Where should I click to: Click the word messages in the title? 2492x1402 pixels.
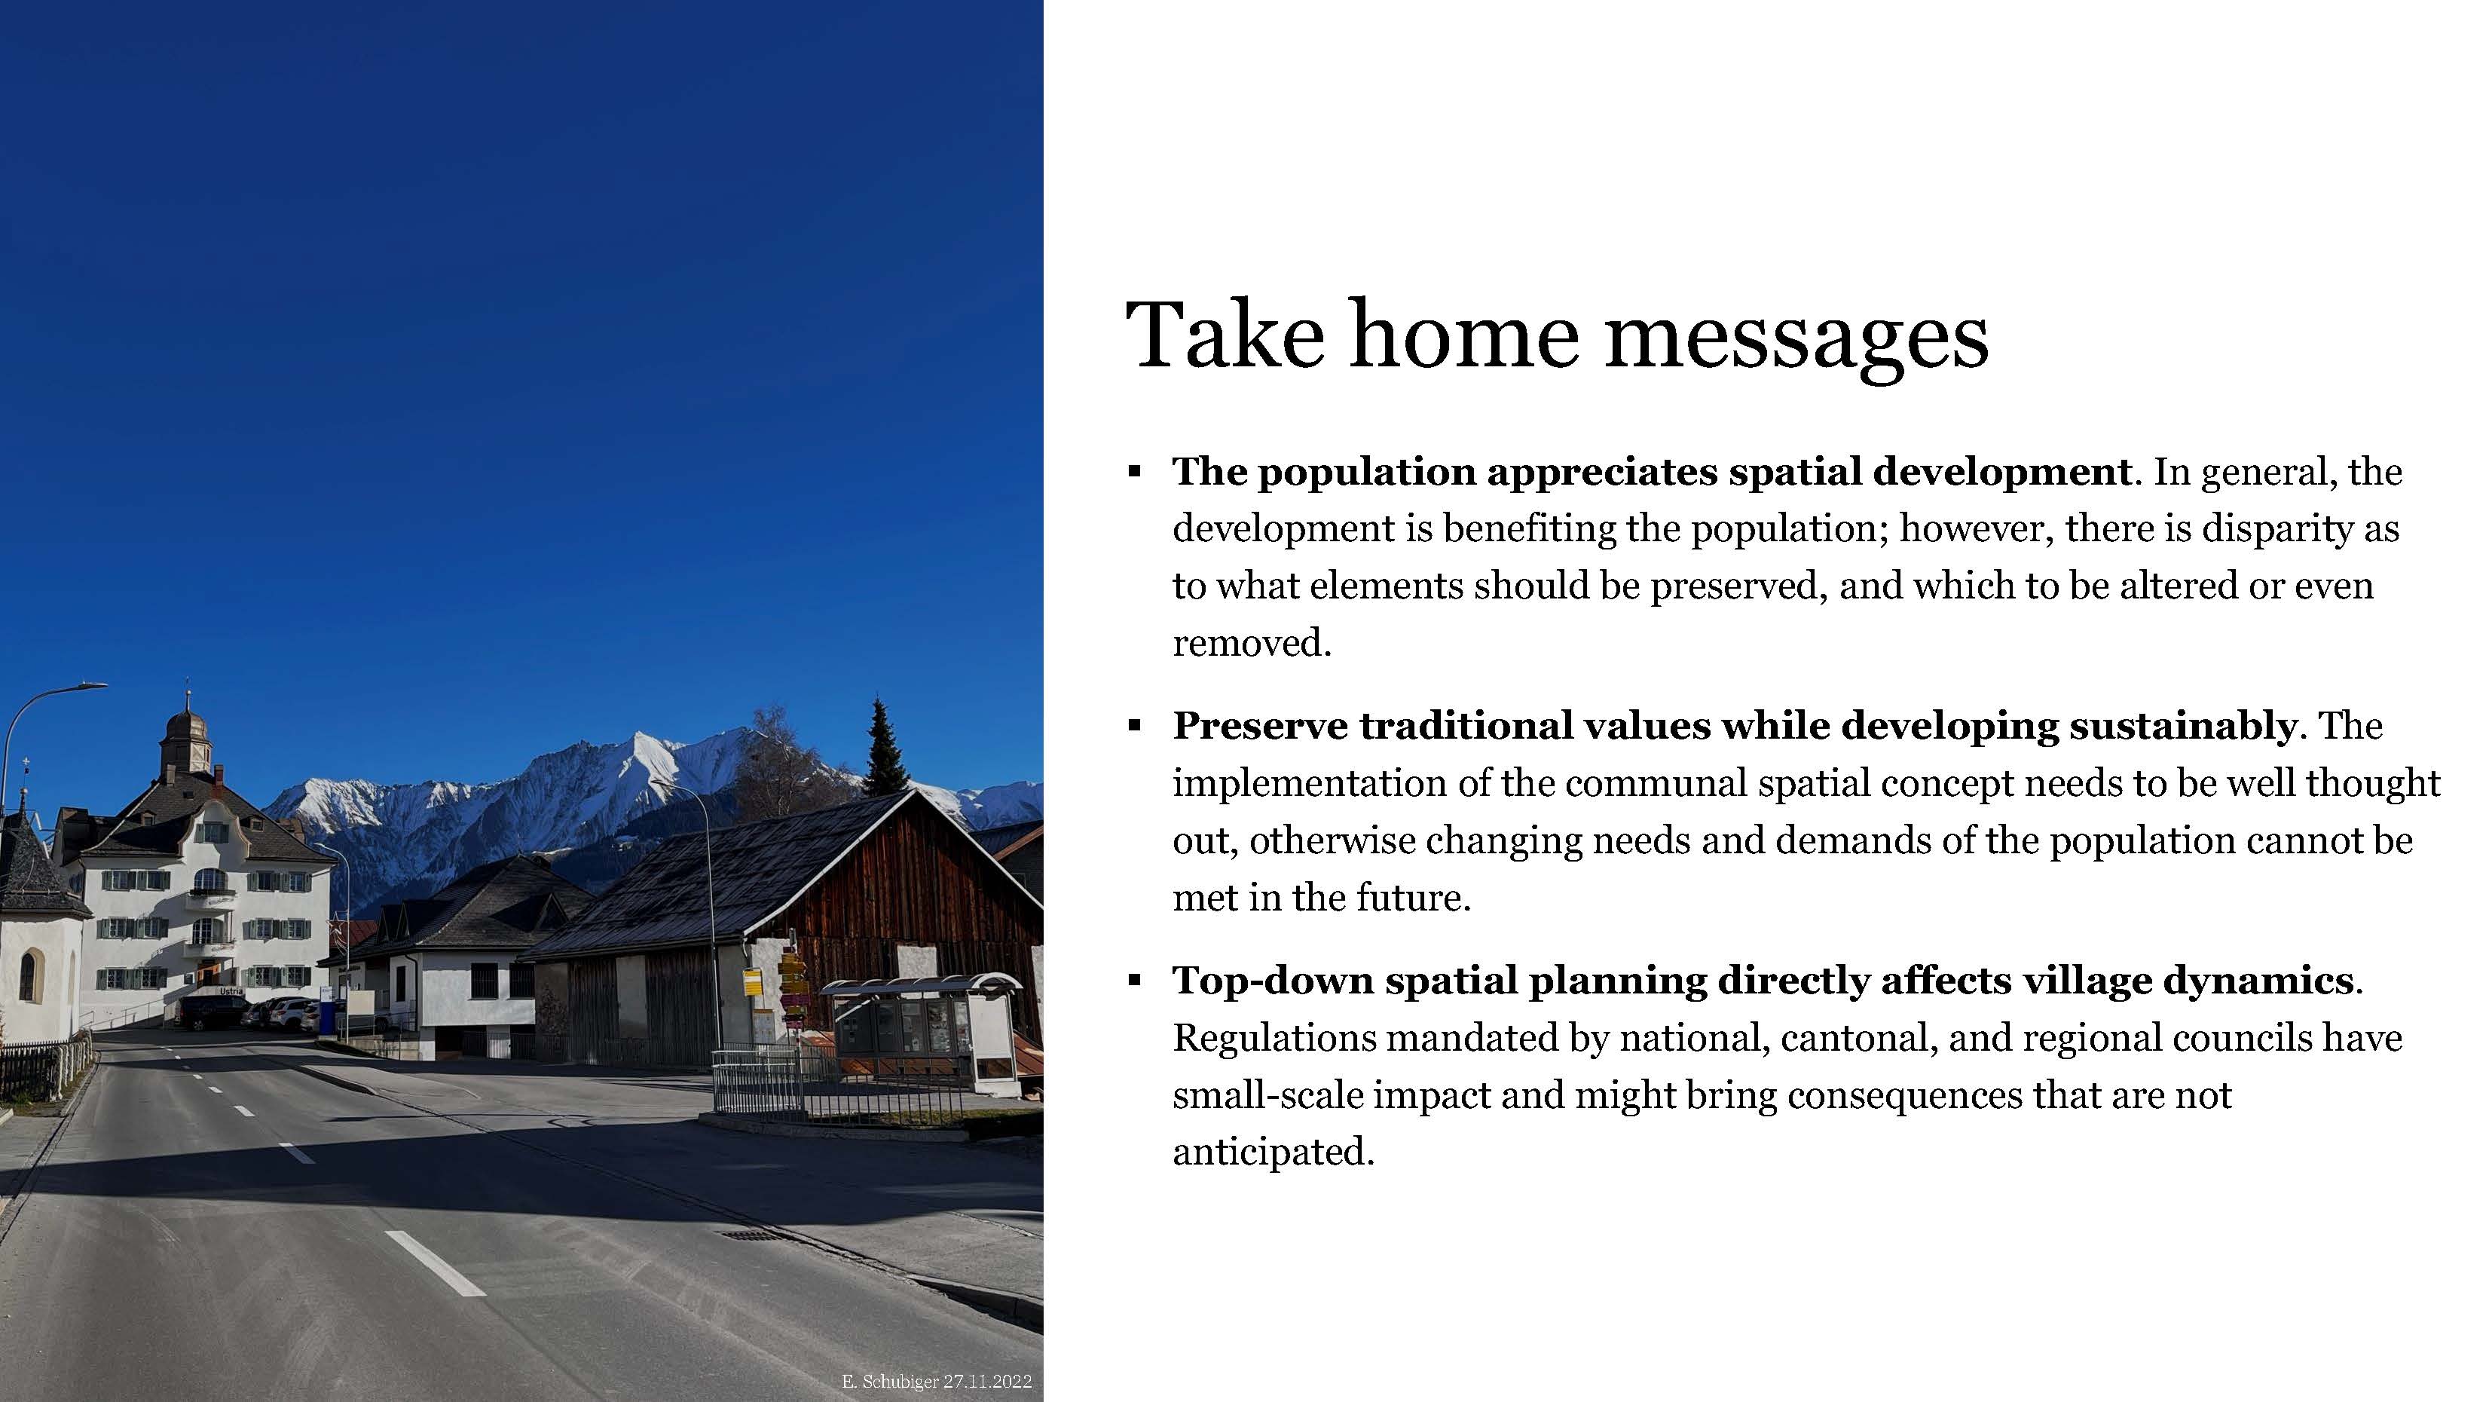1796,338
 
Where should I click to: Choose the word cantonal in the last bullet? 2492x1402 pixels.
1858,1038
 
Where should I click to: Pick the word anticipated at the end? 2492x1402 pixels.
1273,1153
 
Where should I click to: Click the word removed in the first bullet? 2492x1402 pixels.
1252,642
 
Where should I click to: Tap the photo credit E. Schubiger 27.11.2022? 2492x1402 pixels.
937,1382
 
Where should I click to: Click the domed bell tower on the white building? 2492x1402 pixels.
187,740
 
